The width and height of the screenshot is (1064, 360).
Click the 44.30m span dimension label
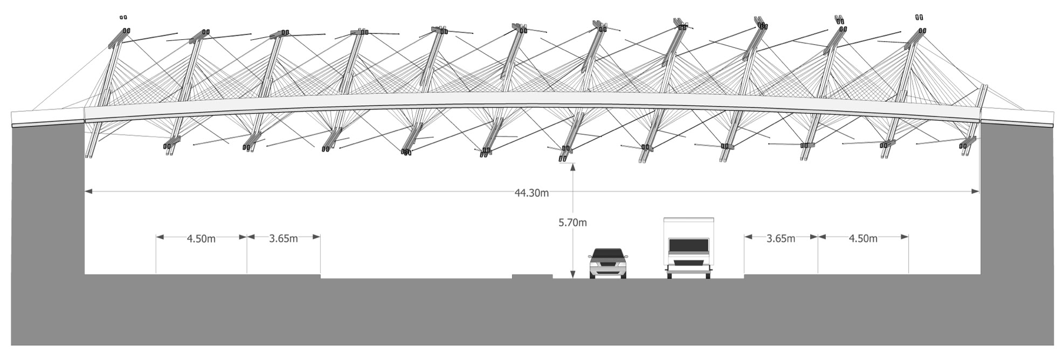[531, 193]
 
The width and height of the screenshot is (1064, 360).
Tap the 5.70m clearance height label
[572, 222]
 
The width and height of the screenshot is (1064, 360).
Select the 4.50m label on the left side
[201, 239]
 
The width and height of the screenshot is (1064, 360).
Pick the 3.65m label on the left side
[284, 239]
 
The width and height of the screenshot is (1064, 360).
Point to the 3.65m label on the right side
[780, 239]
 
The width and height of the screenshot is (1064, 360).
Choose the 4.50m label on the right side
[863, 239]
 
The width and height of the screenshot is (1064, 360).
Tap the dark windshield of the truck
[688, 246]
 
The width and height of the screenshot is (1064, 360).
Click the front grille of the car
[608, 265]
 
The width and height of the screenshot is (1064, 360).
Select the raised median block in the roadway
[532, 276]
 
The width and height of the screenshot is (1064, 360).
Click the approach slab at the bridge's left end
[47, 118]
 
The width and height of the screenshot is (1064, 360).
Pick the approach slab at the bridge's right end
[1017, 117]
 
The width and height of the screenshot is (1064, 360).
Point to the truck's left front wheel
[671, 275]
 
